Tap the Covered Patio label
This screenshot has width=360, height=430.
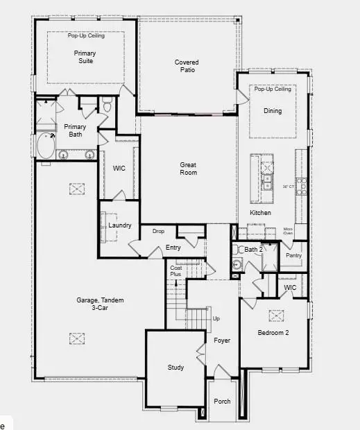(x=186, y=66)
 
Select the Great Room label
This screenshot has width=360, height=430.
(x=188, y=169)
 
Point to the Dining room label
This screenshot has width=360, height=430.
(x=273, y=111)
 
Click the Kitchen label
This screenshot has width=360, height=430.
(x=260, y=212)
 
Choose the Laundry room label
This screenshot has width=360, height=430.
(x=120, y=225)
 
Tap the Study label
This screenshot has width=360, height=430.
(x=175, y=368)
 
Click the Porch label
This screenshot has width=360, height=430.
(x=222, y=402)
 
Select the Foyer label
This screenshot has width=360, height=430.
(x=222, y=341)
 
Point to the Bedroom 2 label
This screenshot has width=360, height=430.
(x=273, y=333)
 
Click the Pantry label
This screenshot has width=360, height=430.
(x=293, y=255)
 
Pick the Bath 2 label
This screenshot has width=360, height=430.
(x=253, y=249)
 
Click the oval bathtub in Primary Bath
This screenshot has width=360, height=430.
(x=46, y=146)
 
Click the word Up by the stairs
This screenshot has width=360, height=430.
(x=216, y=319)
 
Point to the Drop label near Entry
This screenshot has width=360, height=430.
(x=158, y=231)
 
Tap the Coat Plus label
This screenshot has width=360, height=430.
(x=175, y=271)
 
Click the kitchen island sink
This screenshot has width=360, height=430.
(x=267, y=182)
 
